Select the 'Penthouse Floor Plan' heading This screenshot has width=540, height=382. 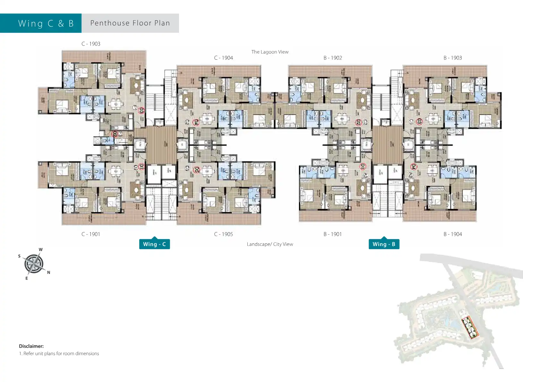(x=130, y=23)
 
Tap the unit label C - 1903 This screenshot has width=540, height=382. (x=91, y=44)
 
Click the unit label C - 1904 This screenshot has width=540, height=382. (x=224, y=58)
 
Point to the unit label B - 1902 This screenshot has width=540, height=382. (x=333, y=58)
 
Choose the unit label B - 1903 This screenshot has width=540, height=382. (x=453, y=58)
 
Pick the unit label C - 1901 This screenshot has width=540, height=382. (x=91, y=234)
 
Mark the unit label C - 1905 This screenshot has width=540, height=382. (x=224, y=234)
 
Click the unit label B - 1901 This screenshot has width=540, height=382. (x=333, y=234)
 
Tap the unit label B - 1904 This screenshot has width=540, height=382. (x=453, y=234)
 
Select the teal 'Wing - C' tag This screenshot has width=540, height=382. (x=154, y=244)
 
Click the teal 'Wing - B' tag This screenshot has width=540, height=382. (x=384, y=244)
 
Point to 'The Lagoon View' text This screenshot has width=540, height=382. (x=270, y=52)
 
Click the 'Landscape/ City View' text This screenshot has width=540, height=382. (x=270, y=244)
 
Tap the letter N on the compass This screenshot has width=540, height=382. (x=48, y=273)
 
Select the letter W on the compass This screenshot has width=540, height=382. (x=41, y=249)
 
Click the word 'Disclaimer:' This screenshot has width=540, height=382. (x=31, y=346)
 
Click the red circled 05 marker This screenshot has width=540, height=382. (x=197, y=169)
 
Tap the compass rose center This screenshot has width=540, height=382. (x=34, y=264)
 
